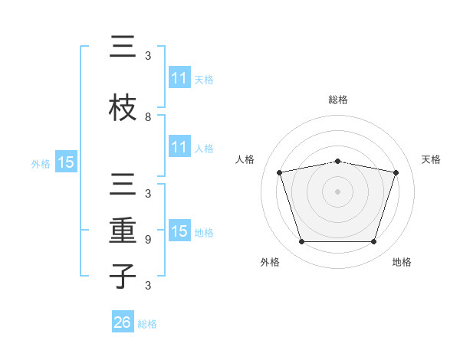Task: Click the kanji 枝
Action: tap(123, 107)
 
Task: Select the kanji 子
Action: tap(123, 276)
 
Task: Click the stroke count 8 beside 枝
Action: tap(148, 117)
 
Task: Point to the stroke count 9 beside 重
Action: tap(148, 240)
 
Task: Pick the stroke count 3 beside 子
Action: tap(148, 285)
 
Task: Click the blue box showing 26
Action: tap(123, 321)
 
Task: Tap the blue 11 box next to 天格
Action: tap(179, 77)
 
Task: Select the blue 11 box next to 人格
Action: tap(179, 146)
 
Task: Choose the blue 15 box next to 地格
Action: tap(179, 230)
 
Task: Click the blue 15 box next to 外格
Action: tap(66, 162)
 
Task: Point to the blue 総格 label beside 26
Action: tap(147, 324)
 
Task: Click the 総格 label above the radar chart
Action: tap(338, 100)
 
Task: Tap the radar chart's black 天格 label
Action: tap(431, 159)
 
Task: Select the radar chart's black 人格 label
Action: tap(245, 159)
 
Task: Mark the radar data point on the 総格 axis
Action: tap(337, 162)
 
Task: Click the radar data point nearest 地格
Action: tap(373, 242)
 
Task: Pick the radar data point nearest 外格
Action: tap(301, 242)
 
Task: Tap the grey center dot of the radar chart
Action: tap(337, 191)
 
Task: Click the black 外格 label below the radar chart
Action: tap(270, 262)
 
